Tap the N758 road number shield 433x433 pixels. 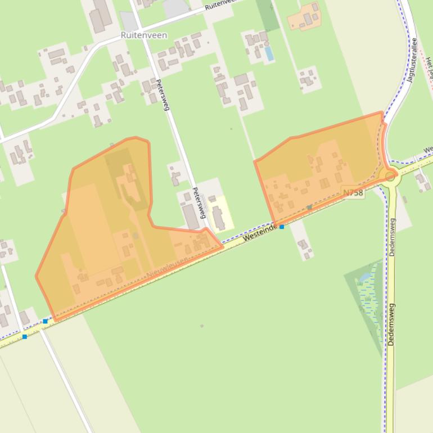point(353,193)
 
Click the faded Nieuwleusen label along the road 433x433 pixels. point(166,267)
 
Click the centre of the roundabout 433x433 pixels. point(390,176)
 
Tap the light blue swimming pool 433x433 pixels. point(269,53)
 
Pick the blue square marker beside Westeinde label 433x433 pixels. point(282,227)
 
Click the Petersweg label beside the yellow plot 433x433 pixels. point(199,203)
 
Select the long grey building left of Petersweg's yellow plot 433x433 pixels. point(191,216)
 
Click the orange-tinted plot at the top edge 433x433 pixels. point(304,17)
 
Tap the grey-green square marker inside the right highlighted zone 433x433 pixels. point(309,208)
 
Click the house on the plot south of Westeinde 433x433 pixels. point(304,245)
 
